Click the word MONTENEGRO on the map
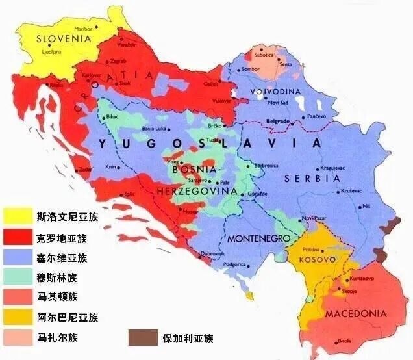pyautogui.click(x=258, y=238)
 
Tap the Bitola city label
pyautogui.click(x=344, y=341)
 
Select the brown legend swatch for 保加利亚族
pyautogui.click(x=143, y=337)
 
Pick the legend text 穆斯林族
pyautogui.click(x=58, y=277)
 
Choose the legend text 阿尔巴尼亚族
pyautogui.click(x=68, y=317)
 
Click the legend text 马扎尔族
pyautogui.click(x=58, y=337)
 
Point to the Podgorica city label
pyautogui.click(x=234, y=264)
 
